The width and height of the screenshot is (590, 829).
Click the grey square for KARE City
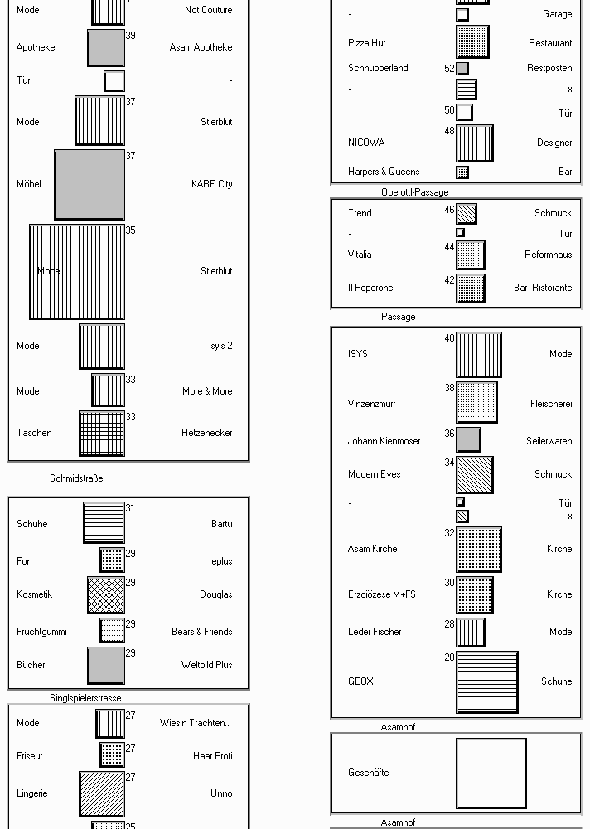89,185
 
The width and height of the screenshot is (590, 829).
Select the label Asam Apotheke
201,47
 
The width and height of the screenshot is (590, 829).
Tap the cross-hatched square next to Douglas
106,594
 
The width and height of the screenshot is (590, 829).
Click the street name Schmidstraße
77,478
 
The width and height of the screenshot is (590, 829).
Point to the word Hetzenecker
206,433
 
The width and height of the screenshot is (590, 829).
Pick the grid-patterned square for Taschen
102,434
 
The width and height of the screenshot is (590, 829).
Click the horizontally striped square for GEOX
487,682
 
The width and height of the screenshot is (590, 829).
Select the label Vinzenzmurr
372,404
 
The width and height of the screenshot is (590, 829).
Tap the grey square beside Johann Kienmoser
468,440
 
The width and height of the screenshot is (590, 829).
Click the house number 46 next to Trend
449,210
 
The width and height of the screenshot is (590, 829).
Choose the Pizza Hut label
367,43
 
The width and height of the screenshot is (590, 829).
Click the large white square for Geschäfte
491,773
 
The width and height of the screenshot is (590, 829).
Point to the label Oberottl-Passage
415,192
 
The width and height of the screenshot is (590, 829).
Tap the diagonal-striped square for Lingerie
102,794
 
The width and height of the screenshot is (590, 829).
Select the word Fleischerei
551,404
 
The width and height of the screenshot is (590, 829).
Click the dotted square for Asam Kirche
478,550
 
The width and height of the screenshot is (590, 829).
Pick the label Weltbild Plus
206,665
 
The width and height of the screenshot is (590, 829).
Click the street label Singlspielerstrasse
85,698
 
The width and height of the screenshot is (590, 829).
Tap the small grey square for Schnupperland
462,68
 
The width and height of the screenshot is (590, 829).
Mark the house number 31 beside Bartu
131,508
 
